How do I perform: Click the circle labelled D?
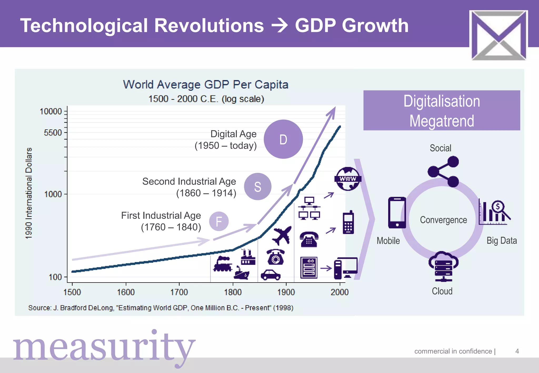click(x=283, y=139)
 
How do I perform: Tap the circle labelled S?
click(x=257, y=186)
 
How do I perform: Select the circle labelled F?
click(x=219, y=221)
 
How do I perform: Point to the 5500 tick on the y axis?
click(x=53, y=133)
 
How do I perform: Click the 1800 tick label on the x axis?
click(x=233, y=292)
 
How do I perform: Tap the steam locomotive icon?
click(x=223, y=264)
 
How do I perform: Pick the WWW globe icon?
click(x=348, y=179)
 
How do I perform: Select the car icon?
click(x=271, y=275)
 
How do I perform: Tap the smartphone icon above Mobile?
click(x=397, y=213)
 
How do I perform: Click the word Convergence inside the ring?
click(x=443, y=220)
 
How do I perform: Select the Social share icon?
click(x=444, y=172)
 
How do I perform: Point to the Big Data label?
click(x=502, y=240)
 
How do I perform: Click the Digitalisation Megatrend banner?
click(x=442, y=110)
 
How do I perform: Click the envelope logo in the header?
click(x=498, y=35)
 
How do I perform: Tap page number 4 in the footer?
click(x=517, y=351)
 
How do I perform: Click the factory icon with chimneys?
click(x=248, y=257)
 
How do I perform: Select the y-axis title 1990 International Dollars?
click(x=29, y=193)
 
